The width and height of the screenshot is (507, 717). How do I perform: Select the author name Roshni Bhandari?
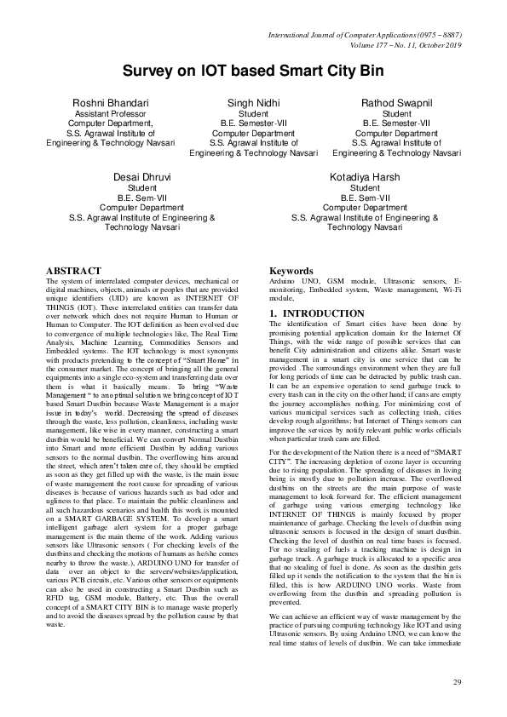[x=112, y=102]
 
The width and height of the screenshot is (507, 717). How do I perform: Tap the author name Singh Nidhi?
[x=253, y=102]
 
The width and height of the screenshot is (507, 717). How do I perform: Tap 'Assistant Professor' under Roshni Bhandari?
[x=112, y=113]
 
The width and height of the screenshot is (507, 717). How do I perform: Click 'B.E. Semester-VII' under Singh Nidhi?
[x=253, y=123]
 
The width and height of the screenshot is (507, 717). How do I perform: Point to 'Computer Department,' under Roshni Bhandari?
[x=112, y=123]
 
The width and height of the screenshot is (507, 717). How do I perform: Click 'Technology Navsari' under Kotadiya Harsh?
[x=365, y=227]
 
